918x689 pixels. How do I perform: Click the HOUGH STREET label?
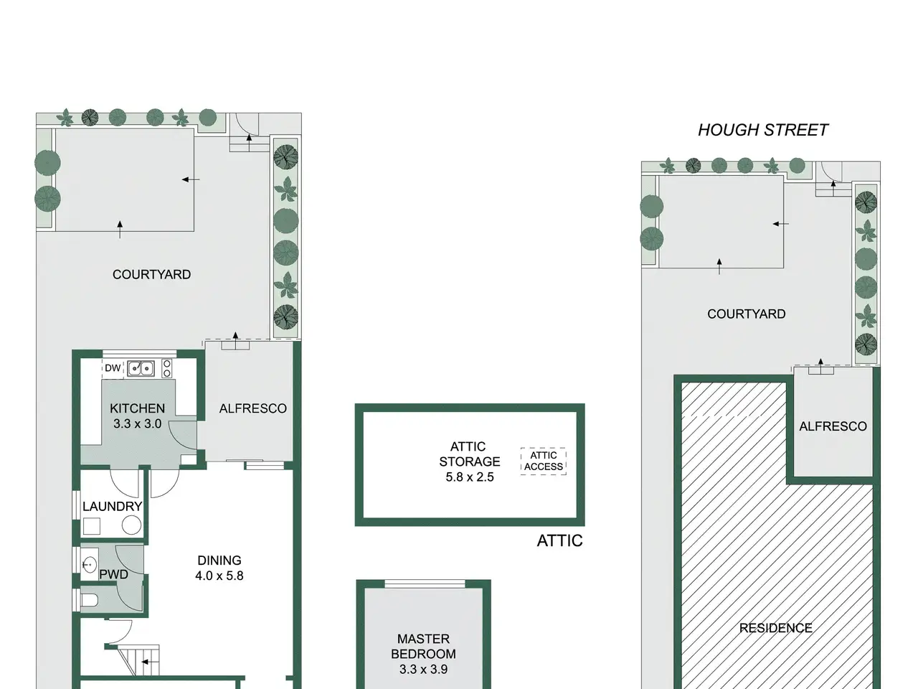click(763, 130)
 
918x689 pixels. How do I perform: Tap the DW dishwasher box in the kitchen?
click(113, 368)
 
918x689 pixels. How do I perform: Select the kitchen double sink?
click(141, 369)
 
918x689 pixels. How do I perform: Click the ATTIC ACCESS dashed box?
click(544, 461)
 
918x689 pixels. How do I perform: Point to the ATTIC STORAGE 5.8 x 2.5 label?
click(469, 461)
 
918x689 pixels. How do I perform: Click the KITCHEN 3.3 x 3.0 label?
click(137, 416)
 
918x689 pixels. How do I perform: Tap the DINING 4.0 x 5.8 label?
click(219, 568)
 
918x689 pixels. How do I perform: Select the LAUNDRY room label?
click(112, 507)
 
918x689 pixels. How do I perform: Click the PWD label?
click(113, 574)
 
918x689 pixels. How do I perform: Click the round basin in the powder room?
click(90, 564)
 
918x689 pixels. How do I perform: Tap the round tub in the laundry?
click(131, 525)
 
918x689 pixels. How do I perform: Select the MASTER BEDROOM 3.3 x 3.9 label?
click(423, 654)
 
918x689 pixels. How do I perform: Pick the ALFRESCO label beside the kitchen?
click(253, 408)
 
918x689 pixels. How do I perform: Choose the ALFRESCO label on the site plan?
click(833, 426)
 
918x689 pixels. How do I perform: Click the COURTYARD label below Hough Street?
click(746, 314)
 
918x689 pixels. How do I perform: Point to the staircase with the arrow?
click(138, 661)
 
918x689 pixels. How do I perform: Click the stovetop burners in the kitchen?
click(167, 369)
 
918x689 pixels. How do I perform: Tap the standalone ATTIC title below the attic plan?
click(559, 541)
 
